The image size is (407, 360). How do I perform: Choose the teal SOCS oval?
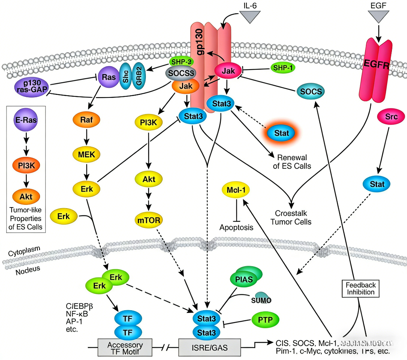311,92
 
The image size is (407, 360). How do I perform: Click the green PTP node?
266,320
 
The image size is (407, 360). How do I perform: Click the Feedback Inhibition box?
361,288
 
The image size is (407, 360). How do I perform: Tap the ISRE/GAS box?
209,347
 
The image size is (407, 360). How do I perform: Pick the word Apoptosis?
236,227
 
